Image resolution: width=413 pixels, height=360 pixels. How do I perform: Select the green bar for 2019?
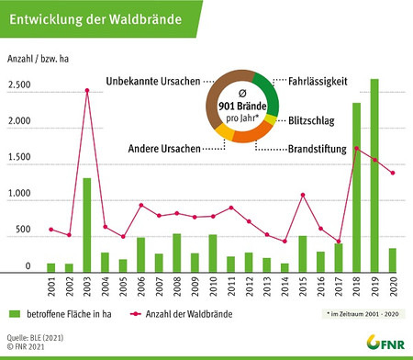tap(374, 175)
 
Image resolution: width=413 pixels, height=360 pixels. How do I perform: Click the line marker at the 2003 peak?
tap(87, 90)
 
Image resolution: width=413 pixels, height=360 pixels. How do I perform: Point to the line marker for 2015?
tap(302, 195)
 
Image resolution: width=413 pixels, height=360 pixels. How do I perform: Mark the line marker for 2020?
tap(393, 174)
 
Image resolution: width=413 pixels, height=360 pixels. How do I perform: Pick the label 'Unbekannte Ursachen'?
tap(151, 82)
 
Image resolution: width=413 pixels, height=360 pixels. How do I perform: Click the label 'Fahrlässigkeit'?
tap(318, 82)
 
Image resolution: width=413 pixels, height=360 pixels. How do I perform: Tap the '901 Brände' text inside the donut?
tap(240, 106)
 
